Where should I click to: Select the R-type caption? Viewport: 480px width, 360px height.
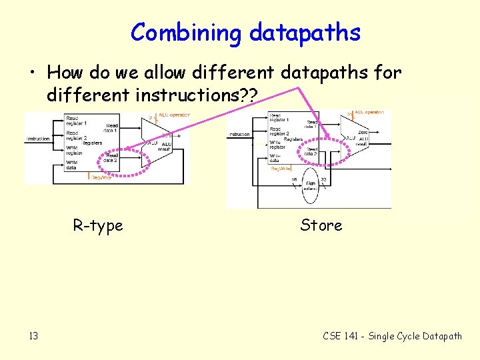pos(98,226)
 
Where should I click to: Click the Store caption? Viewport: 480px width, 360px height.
pos(321,225)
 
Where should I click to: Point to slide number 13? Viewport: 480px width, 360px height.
pos(33,336)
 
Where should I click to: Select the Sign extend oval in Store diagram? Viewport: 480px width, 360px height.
pos(311,187)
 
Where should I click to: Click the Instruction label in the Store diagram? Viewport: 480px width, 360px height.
pos(239,134)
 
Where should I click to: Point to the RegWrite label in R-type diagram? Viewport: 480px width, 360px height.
pos(102,177)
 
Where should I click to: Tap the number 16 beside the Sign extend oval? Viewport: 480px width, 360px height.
pos(294,179)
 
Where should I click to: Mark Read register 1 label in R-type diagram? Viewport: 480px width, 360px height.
pos(76,121)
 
